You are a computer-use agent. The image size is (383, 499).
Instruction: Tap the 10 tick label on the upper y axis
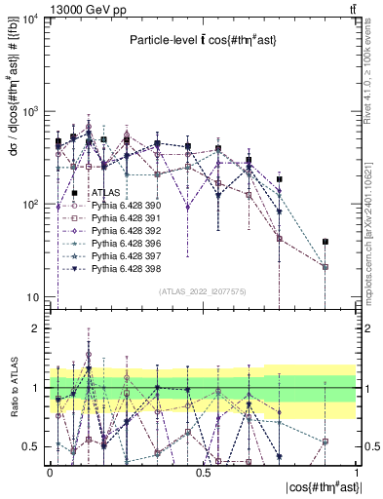pyautogui.click(x=31, y=297)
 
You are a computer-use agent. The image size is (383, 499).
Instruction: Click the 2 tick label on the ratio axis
pyautogui.click(x=35, y=328)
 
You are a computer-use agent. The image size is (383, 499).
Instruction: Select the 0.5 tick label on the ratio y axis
pyautogui.click(x=31, y=446)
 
